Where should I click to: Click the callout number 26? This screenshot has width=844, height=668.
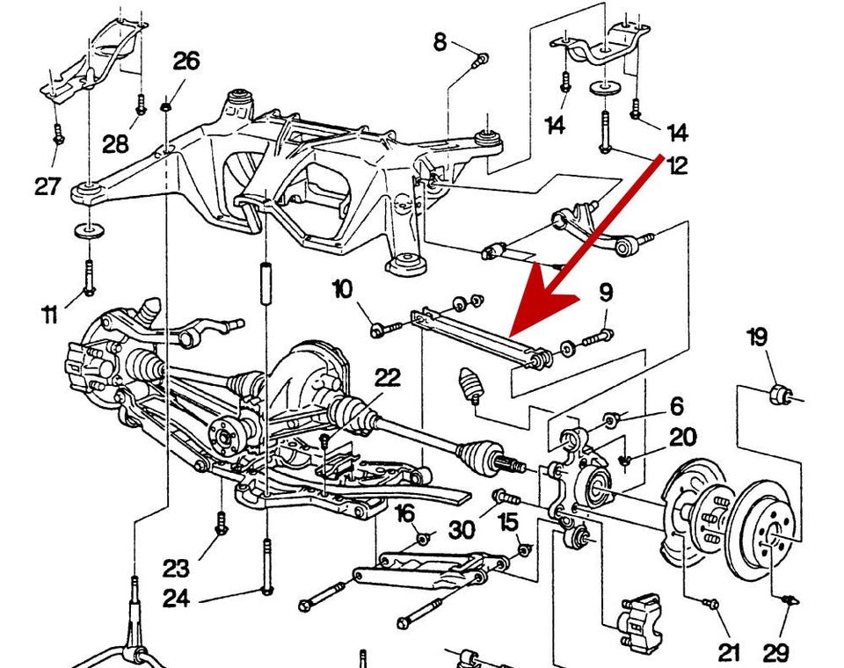coord(186,62)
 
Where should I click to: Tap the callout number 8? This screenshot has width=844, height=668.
coord(440,40)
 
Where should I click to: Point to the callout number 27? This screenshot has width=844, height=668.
coord(47,185)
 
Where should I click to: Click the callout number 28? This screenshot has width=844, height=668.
coord(115,144)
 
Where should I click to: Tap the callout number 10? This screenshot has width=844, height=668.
coord(342,288)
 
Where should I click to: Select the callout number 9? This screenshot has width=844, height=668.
coord(606,293)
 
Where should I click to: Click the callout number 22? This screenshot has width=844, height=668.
coord(388,378)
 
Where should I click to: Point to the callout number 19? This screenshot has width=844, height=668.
coord(757,337)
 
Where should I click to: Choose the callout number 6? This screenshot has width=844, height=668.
coord(676,405)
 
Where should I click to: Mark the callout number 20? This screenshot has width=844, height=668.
coord(682,438)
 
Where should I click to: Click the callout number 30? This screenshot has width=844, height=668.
coord(462,529)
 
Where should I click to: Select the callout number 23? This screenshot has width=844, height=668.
coord(176,567)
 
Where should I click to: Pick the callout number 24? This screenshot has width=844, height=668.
coord(176,599)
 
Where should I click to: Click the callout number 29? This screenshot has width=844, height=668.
coord(776,652)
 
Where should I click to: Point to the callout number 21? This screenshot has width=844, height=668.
coord(730,651)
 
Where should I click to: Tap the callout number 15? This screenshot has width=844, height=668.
coord(508,521)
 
